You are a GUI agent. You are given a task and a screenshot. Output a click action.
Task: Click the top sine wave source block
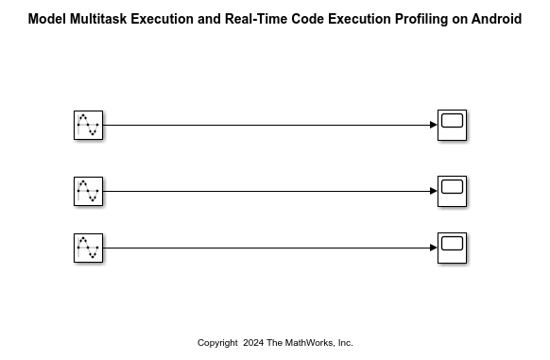coord(88,125)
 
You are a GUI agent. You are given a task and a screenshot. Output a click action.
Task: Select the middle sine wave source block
coord(88,191)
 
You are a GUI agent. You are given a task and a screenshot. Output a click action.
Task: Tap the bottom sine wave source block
coord(88,248)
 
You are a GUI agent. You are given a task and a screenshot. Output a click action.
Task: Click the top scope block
coord(452,125)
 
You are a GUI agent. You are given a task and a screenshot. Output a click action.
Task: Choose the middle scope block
coord(452,191)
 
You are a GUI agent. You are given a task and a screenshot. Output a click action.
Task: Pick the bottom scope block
coord(452,248)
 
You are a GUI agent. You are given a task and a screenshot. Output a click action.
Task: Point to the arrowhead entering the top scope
coord(433,125)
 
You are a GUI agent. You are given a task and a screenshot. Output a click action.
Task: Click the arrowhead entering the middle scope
coord(433,191)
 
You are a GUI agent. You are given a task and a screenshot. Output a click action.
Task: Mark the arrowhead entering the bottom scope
coord(433,248)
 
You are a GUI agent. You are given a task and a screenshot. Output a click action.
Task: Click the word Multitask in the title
coord(98,19)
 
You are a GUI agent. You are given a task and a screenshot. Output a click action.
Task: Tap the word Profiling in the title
coord(419,19)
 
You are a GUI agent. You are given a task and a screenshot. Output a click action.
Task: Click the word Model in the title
coord(46,19)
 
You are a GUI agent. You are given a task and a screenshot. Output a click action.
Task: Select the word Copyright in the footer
coord(217,343)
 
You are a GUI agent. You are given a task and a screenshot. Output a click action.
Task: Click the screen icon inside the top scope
coord(452,121)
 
